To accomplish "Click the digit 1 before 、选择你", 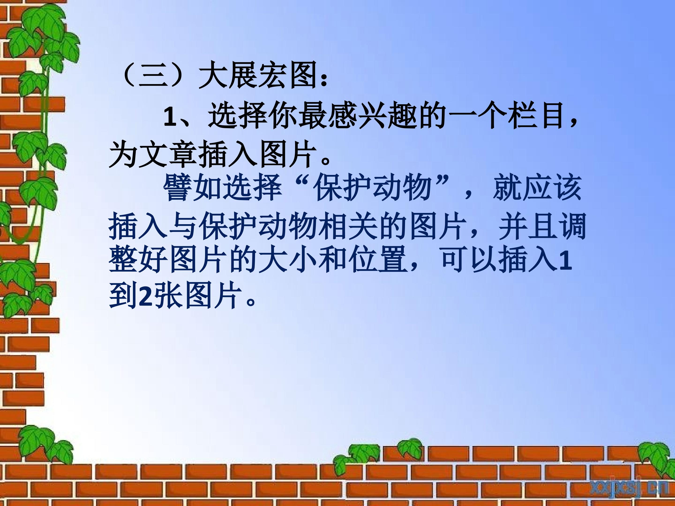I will (170, 117).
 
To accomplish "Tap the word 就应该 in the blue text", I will (537, 188).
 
